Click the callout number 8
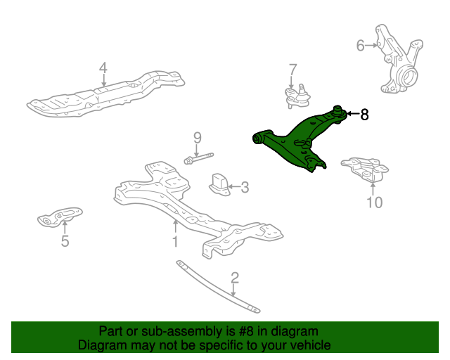364,115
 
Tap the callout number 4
103,68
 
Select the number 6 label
360,46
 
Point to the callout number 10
375,202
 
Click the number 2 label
234,278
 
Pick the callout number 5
65,241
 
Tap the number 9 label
198,138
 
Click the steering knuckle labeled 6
399,62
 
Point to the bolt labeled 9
198,158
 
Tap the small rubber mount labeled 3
220,185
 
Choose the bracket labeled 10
365,169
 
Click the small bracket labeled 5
60,217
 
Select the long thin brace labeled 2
218,286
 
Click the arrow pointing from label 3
234,187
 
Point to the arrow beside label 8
353,114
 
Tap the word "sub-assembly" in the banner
181,331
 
